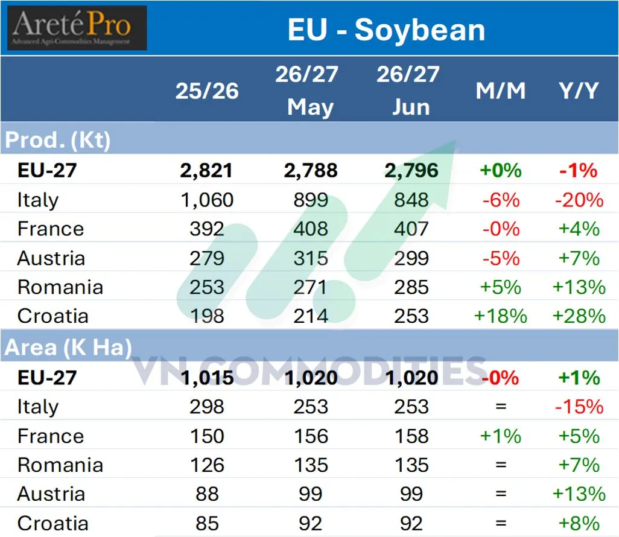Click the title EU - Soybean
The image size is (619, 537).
click(386, 30)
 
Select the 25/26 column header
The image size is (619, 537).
click(207, 91)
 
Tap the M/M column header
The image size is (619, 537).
click(501, 91)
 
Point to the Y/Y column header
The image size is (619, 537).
click(579, 91)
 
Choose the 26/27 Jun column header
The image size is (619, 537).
click(408, 91)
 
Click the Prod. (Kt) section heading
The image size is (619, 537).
click(58, 140)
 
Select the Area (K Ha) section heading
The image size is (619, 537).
click(68, 348)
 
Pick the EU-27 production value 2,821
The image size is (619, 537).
click(206, 171)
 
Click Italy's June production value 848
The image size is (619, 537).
click(411, 200)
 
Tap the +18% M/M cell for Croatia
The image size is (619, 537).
click(501, 316)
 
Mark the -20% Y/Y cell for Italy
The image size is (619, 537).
click(579, 200)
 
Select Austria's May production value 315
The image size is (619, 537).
click(311, 258)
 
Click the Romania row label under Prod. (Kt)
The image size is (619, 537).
click(60, 287)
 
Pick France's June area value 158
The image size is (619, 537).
click(411, 436)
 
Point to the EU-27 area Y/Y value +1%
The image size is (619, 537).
click(579, 378)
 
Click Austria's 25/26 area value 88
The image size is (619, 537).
click(207, 494)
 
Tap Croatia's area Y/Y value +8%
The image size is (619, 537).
click(579, 524)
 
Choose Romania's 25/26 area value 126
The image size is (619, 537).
click(208, 465)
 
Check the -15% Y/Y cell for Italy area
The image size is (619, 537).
click(579, 407)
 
